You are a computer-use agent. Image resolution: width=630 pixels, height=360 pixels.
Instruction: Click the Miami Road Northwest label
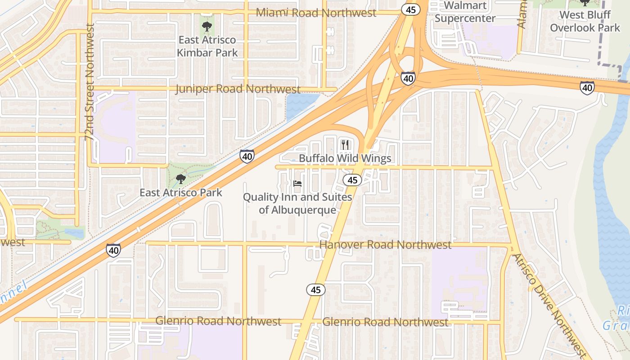click(x=316, y=13)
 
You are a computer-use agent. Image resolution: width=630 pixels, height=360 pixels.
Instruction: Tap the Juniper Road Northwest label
click(x=238, y=89)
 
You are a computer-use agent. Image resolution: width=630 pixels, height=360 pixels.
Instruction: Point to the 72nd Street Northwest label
click(x=90, y=82)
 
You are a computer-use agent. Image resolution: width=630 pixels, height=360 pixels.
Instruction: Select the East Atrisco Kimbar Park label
click(x=207, y=46)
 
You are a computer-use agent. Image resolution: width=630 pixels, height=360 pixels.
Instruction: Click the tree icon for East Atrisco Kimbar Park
click(x=207, y=26)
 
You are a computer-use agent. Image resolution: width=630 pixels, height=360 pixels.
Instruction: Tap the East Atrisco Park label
click(x=181, y=193)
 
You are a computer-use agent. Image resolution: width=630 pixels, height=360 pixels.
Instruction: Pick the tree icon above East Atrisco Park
click(x=181, y=179)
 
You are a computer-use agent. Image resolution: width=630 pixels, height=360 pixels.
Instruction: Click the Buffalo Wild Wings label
click(x=345, y=158)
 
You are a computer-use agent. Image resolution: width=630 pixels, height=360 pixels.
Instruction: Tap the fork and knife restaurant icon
click(x=345, y=144)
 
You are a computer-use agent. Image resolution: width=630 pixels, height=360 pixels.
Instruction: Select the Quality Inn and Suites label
click(x=297, y=203)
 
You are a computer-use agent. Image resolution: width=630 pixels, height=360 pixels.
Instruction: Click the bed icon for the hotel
click(x=297, y=184)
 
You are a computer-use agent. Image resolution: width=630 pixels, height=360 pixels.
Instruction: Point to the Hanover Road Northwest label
click(x=385, y=245)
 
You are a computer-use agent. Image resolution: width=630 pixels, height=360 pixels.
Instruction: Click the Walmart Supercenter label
click(x=465, y=12)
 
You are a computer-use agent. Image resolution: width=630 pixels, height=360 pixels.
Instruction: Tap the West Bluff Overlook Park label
click(x=585, y=21)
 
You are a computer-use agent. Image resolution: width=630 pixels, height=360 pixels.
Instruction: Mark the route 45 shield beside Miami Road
click(x=411, y=9)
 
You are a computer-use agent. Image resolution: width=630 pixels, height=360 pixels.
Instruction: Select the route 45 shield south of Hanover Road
click(x=316, y=290)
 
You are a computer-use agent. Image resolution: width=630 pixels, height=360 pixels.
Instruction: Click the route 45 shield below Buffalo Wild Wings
click(x=352, y=180)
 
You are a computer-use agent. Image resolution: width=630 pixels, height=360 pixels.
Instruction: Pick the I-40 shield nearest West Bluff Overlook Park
click(x=587, y=87)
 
